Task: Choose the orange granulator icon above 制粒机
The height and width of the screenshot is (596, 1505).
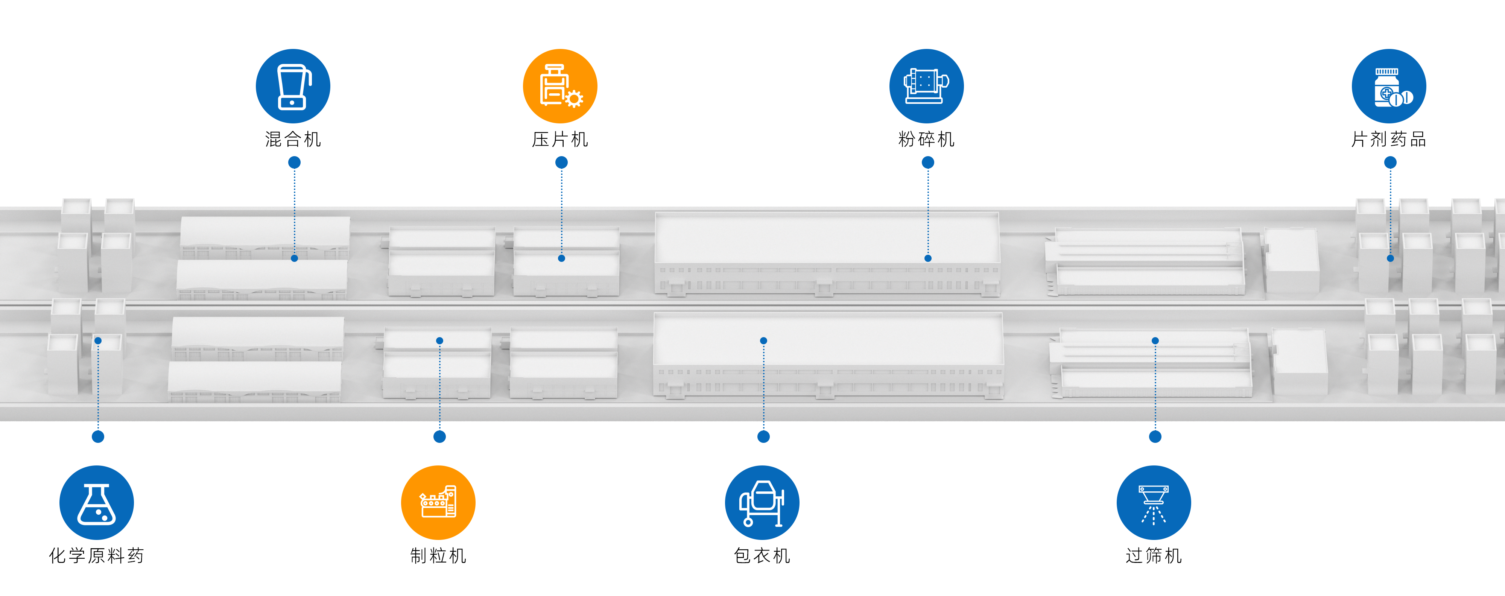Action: coord(438,503)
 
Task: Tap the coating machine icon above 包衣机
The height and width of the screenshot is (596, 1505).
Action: coord(762,503)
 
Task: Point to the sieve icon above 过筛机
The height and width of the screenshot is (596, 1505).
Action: coord(1153,503)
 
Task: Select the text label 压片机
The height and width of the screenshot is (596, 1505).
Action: coord(560,139)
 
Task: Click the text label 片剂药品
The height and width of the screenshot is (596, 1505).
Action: coord(1389,139)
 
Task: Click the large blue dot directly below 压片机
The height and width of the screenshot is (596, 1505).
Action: coord(561,163)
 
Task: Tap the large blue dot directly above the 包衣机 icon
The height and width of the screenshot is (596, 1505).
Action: coord(764,436)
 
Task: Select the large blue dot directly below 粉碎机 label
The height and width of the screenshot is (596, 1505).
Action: coord(928,163)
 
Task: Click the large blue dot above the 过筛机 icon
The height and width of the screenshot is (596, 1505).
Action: coord(1155,436)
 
